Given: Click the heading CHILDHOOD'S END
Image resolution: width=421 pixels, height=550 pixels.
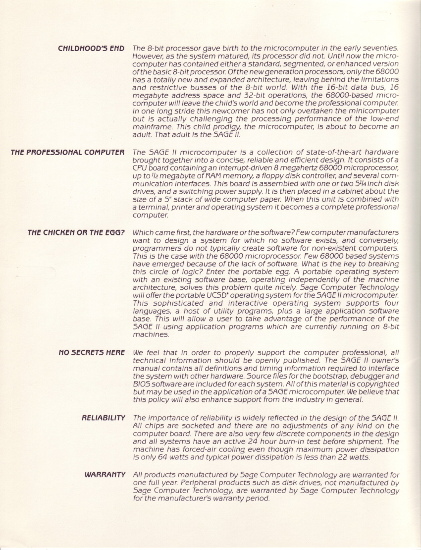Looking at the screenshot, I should [91, 49].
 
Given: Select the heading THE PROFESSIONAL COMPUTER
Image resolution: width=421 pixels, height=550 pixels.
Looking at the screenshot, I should [68, 152].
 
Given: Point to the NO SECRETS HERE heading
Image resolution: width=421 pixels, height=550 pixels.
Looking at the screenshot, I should [91, 352].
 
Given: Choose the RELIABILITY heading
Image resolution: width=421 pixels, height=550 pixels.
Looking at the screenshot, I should [103, 418].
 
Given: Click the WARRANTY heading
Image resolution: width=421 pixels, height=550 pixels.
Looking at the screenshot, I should [105, 475].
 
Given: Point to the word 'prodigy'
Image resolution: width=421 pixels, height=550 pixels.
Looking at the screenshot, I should [187, 126].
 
